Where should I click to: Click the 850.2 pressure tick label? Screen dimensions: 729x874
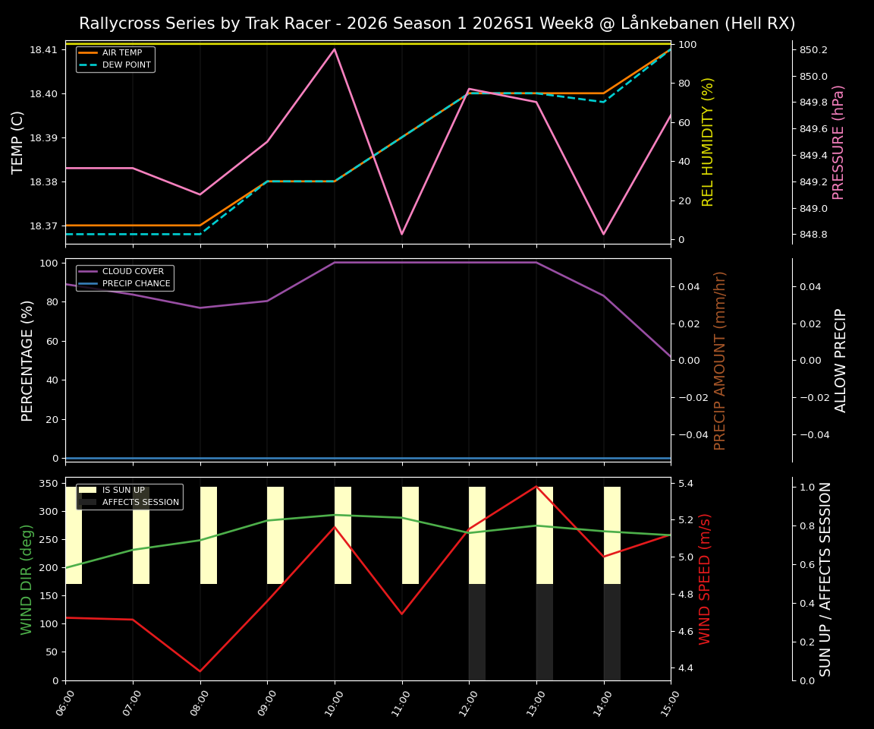813,50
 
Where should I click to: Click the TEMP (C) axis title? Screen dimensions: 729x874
18,142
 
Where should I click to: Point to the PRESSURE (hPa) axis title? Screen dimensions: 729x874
838,142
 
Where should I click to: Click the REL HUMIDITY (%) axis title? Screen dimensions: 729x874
709,142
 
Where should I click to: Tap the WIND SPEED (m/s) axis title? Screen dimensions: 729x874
706,579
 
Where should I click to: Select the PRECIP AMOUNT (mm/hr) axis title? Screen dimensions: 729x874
720,360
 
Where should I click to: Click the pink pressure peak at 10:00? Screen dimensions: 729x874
335,49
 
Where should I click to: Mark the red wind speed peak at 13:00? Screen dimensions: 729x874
536,486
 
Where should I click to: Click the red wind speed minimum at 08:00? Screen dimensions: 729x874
200,671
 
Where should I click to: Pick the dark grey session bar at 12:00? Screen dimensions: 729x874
477,632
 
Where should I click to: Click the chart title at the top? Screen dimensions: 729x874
437,24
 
